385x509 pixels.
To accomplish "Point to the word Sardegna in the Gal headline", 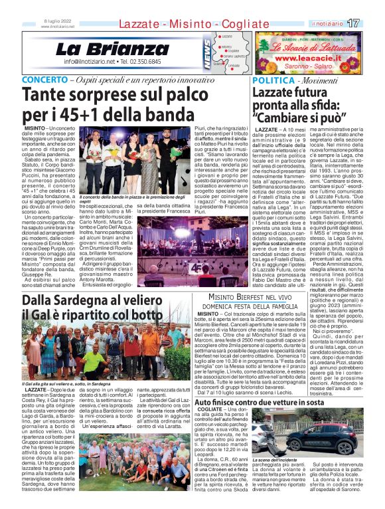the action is click(x=77, y=300).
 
